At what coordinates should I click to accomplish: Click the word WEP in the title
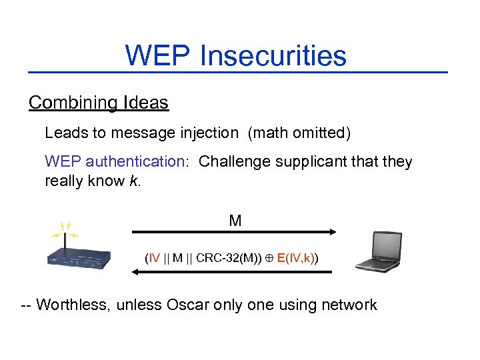157,55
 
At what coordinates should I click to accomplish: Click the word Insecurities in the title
273,55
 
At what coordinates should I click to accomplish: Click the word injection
206,133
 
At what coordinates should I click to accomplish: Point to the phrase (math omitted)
299,133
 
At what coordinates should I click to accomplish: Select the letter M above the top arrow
235,221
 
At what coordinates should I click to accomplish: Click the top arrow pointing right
233,232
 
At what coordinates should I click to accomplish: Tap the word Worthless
73,305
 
